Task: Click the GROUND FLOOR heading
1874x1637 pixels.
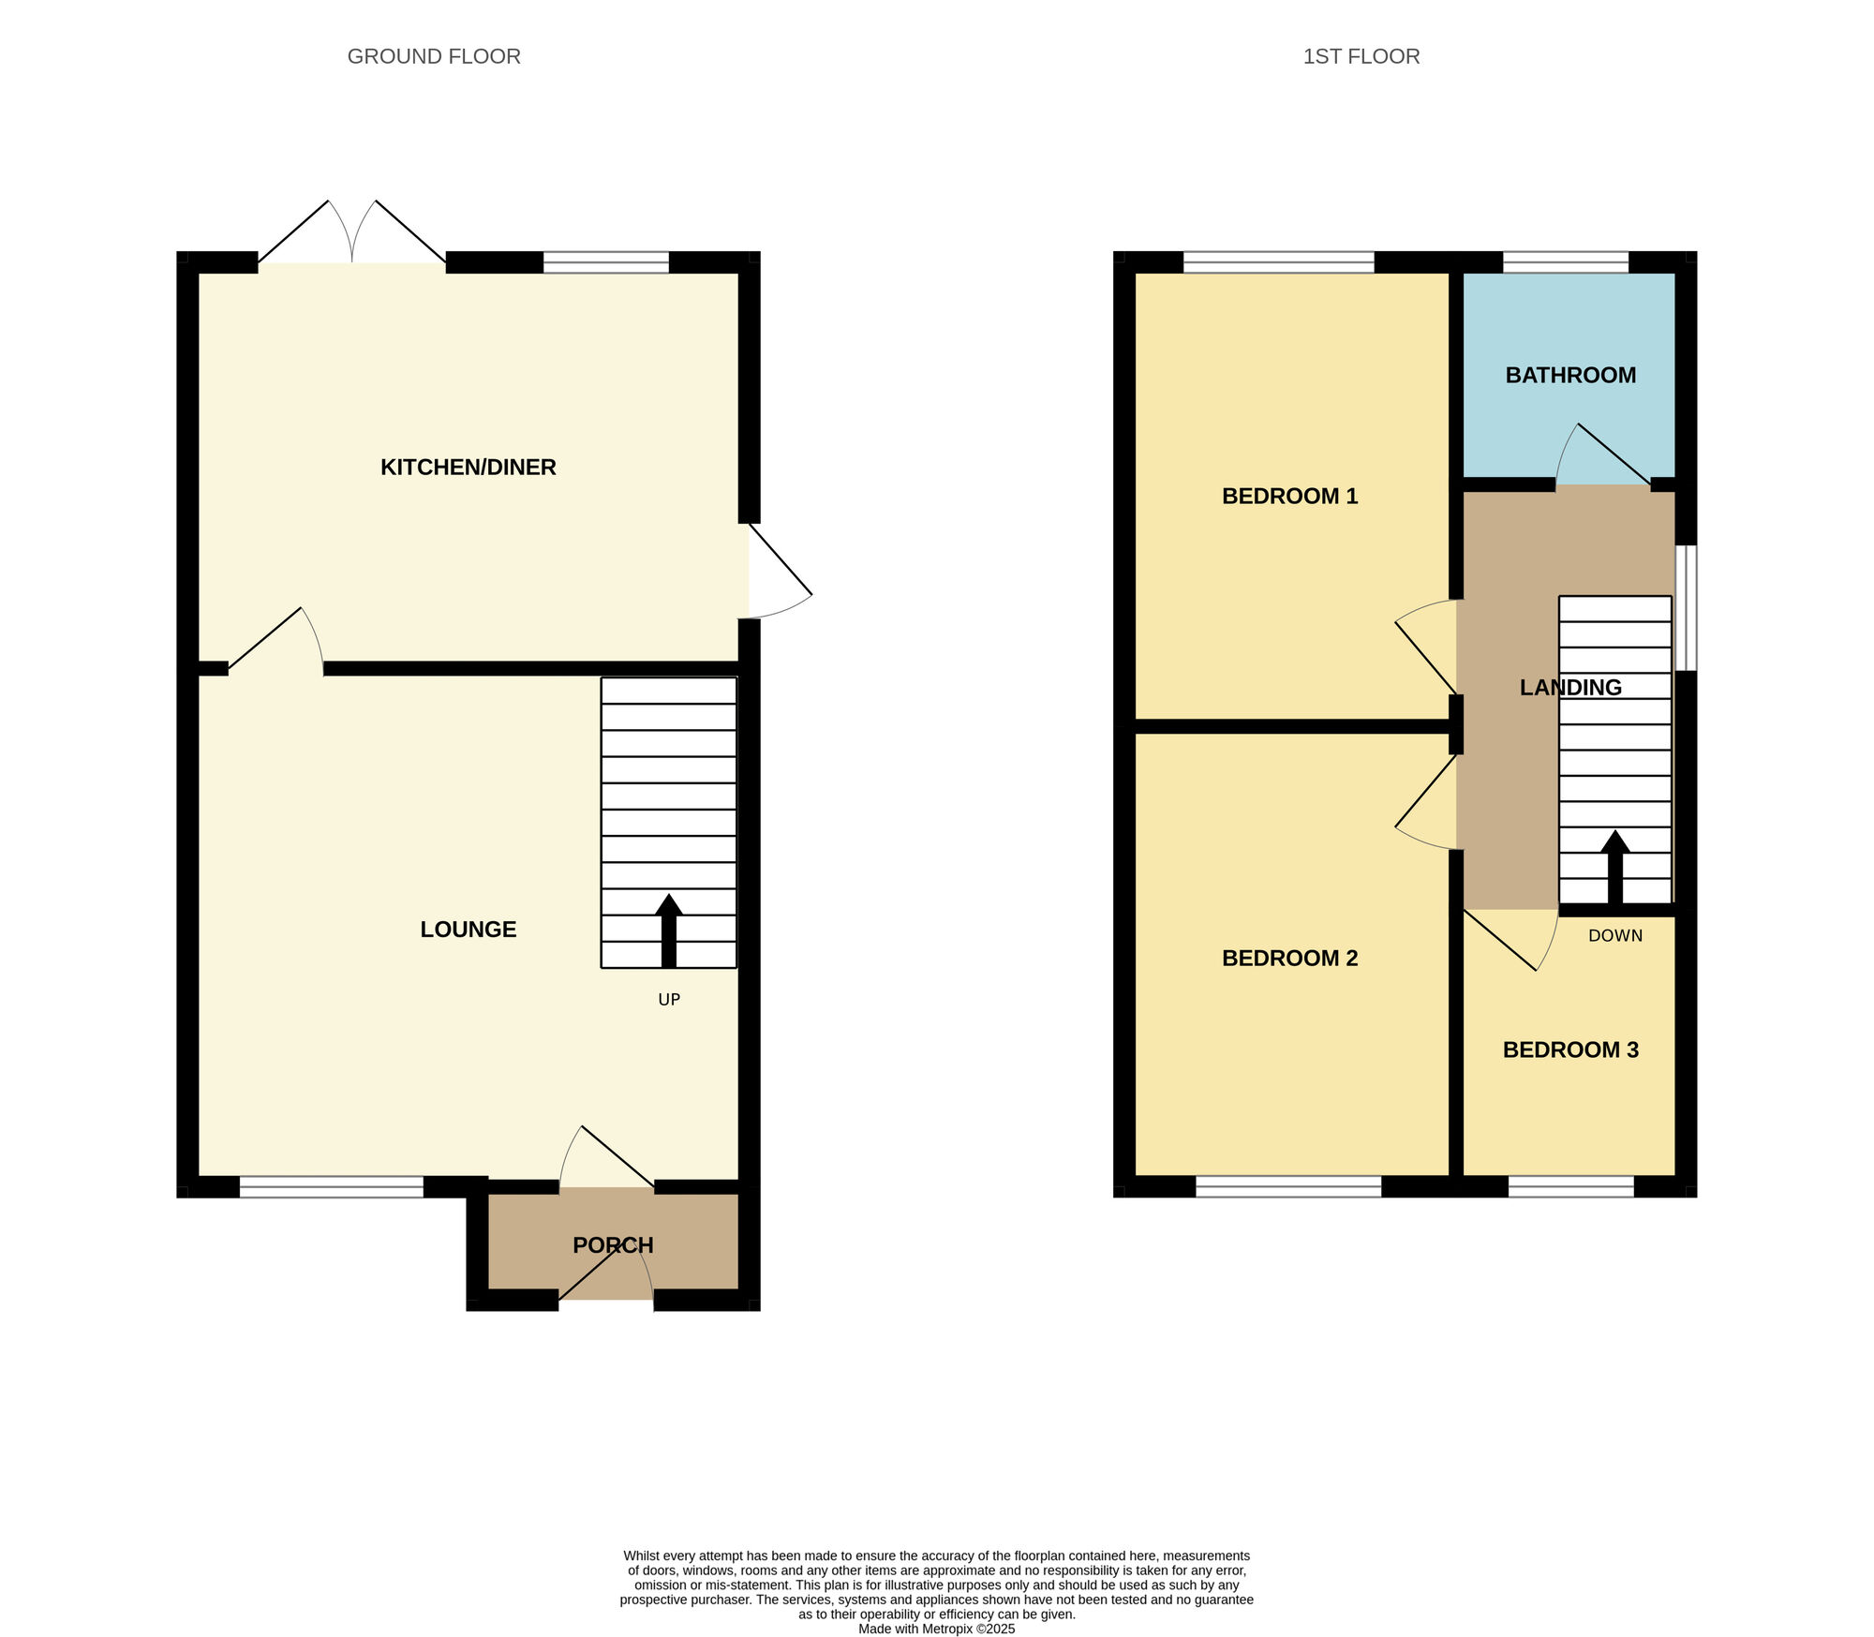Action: point(434,56)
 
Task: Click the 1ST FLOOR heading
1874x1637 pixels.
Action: point(1361,56)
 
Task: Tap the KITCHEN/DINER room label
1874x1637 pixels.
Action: point(468,467)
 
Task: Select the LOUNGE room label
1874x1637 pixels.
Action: point(468,929)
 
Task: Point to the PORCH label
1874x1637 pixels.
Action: point(613,1245)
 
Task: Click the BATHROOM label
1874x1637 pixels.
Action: point(1570,375)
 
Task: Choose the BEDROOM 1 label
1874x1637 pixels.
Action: point(1290,496)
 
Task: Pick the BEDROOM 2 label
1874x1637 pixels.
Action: point(1290,958)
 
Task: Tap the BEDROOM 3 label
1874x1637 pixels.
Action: point(1570,1049)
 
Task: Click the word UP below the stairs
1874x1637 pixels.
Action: point(669,1000)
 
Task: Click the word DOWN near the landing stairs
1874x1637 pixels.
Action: point(1615,935)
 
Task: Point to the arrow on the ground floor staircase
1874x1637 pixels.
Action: point(669,930)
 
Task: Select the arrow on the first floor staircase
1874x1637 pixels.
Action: point(1615,867)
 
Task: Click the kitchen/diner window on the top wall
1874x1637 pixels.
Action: point(606,261)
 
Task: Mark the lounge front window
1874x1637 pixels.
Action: point(332,1186)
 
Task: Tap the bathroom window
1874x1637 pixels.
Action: point(1566,261)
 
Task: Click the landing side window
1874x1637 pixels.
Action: point(1686,608)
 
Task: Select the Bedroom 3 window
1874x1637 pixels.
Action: point(1571,1186)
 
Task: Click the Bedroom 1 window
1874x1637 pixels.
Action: point(1279,261)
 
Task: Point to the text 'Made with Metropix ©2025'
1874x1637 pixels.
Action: point(937,1629)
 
